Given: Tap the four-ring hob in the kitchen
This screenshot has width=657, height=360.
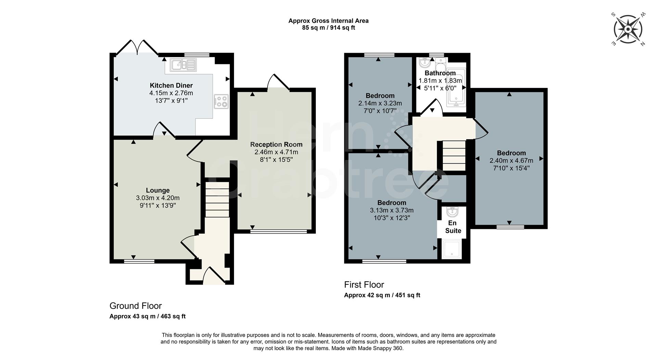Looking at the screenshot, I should (x=221, y=101).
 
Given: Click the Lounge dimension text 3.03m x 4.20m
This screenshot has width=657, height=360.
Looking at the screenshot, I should (x=158, y=198).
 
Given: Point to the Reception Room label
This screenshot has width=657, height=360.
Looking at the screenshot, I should (x=276, y=144).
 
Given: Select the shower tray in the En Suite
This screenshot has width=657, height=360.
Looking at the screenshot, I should (x=452, y=249).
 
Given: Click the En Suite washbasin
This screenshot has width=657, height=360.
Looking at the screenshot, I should (x=452, y=212).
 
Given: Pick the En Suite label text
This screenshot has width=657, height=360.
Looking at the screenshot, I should (x=453, y=227).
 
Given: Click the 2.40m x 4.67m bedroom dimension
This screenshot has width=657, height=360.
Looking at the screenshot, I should (x=511, y=160).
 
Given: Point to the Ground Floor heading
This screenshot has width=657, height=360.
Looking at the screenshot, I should (x=136, y=306).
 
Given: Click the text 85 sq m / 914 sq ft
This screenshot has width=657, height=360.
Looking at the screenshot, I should (x=328, y=28).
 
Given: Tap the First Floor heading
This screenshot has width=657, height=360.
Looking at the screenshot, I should (x=364, y=285).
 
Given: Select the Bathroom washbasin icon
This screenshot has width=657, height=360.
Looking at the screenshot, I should (x=425, y=62).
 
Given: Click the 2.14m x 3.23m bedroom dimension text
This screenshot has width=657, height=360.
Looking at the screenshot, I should (x=380, y=103).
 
